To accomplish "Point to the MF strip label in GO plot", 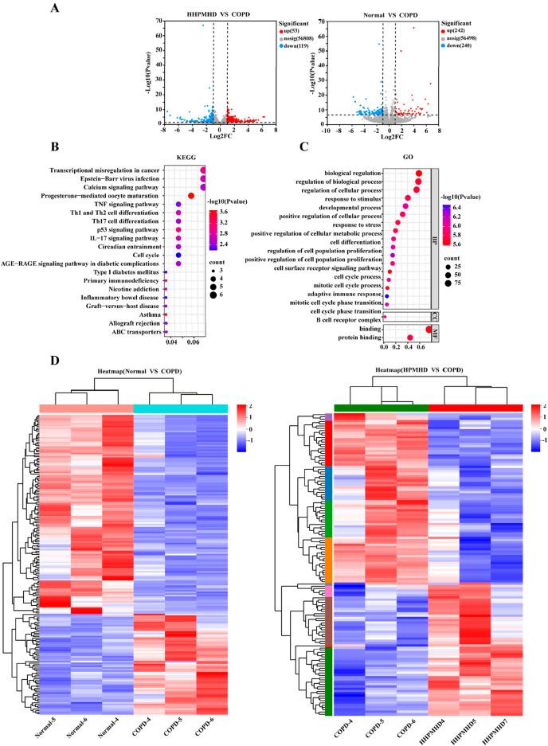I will click(435, 334).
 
